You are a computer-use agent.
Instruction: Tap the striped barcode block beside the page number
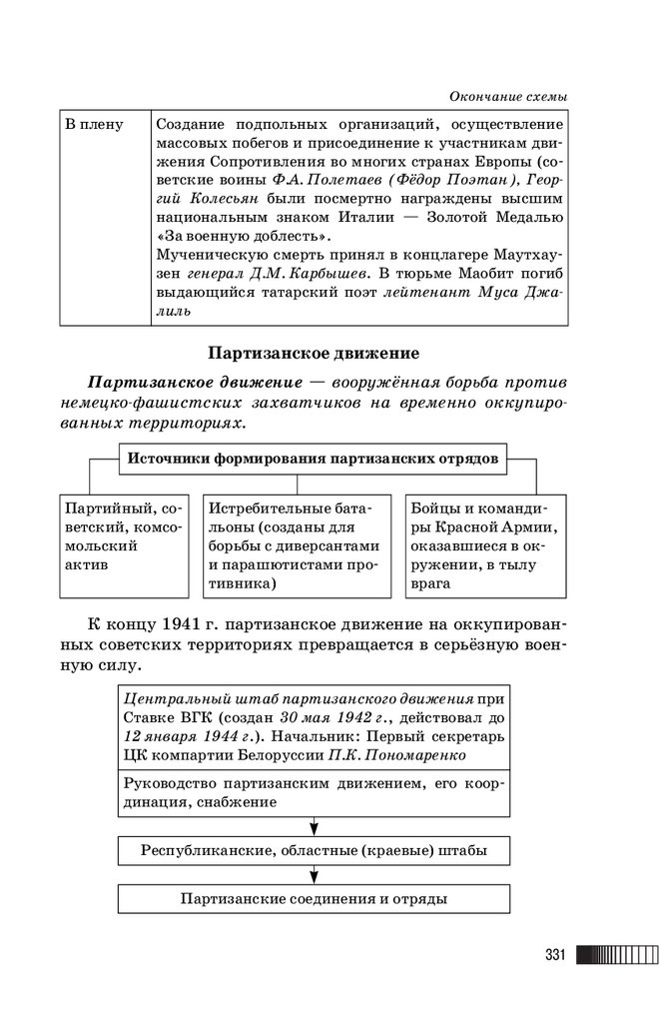click(x=611, y=955)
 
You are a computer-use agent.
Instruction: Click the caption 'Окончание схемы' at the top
click(x=509, y=95)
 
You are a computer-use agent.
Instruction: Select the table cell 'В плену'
click(x=94, y=125)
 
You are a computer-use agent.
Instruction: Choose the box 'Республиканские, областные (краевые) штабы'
click(x=314, y=850)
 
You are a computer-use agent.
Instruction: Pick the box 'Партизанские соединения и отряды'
click(x=314, y=898)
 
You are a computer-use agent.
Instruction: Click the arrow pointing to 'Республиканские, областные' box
click(x=314, y=826)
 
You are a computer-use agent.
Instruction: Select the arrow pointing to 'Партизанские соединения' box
click(x=314, y=874)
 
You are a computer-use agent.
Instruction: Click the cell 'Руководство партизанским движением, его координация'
click(x=314, y=791)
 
